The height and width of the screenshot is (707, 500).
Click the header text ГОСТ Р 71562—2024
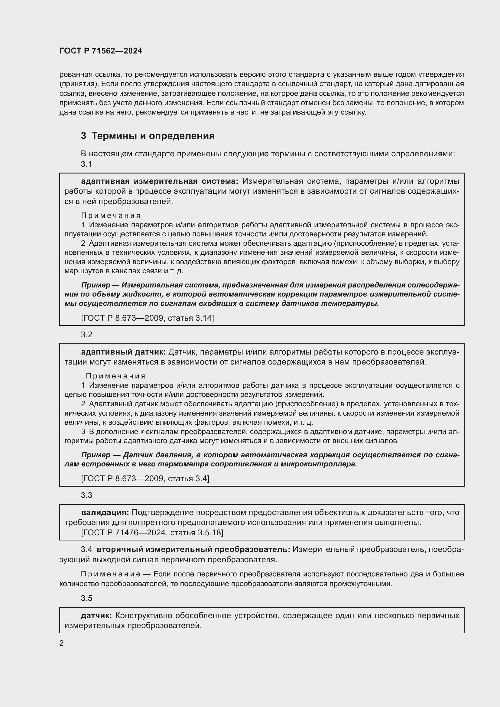[101, 51]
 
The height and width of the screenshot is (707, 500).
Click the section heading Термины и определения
[153, 136]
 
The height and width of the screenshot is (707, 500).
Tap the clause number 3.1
[86, 164]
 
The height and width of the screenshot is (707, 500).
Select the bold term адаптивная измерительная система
[159, 181]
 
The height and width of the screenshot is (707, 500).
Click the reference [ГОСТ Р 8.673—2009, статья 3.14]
[147, 318]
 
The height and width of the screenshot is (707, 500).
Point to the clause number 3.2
[86, 335]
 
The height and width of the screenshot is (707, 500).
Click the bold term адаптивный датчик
[123, 352]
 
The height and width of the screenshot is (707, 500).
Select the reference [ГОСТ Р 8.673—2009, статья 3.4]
[145, 478]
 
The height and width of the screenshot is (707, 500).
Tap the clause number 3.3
[86, 495]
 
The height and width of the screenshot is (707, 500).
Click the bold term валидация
[105, 512]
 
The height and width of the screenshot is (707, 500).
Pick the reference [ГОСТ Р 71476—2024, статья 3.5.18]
[152, 532]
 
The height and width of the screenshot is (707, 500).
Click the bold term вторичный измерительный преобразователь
[193, 549]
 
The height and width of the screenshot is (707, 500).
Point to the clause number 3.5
[86, 598]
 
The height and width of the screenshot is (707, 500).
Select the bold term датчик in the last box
[96, 615]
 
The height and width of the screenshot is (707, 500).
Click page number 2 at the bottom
[62, 643]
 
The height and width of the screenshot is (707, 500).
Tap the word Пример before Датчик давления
[96, 455]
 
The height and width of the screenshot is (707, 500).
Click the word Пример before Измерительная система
[96, 285]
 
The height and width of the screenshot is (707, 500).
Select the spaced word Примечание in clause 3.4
[111, 574]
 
